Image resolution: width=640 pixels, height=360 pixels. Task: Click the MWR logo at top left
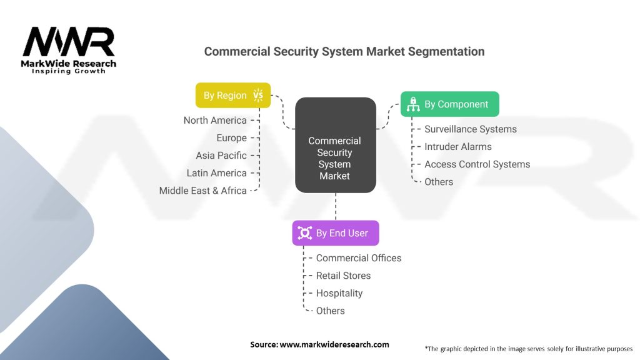pos(69,49)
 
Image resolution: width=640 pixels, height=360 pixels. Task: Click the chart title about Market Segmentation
pos(344,51)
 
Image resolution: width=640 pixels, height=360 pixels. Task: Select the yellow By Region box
pos(233,96)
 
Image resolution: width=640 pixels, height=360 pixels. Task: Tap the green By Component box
pos(450,104)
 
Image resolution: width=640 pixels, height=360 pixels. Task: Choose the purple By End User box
pos(336,233)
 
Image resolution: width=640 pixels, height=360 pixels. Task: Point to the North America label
pos(215,120)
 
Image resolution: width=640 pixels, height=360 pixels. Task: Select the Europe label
pos(231,137)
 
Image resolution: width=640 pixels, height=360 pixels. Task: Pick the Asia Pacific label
pos(221,155)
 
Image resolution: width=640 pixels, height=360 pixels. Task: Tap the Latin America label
pos(216,172)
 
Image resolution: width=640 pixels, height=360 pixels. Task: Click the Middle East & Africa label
pos(202,190)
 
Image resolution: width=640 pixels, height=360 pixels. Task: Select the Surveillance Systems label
pos(471,129)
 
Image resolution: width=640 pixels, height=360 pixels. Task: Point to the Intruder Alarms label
pos(458,146)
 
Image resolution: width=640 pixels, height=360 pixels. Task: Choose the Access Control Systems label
pos(477,164)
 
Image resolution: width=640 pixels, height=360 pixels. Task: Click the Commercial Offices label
pos(359,257)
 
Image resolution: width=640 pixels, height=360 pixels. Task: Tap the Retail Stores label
pos(343,275)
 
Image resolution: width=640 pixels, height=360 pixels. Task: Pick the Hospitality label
pos(339,292)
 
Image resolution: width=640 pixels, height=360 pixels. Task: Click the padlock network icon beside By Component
pos(413,104)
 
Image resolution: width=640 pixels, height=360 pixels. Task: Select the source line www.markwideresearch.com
pos(319,344)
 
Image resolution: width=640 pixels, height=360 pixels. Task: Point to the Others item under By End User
pos(330,310)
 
